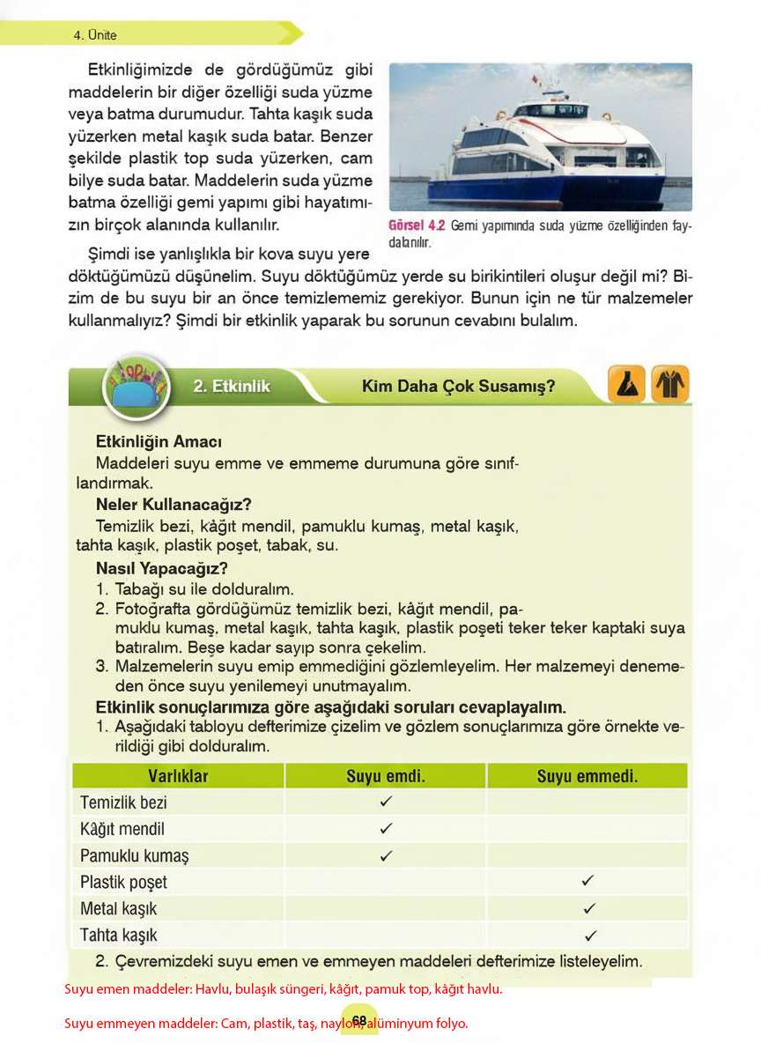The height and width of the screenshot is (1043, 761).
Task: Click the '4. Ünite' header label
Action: (x=95, y=35)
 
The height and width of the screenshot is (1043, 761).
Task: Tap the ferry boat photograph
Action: (x=540, y=137)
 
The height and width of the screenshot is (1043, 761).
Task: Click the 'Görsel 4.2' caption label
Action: (x=417, y=226)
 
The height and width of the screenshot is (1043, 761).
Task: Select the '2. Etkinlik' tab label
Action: (x=232, y=386)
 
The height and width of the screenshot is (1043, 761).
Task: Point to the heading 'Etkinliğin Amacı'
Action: (x=159, y=441)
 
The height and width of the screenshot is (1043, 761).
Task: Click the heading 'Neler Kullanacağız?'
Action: (x=174, y=505)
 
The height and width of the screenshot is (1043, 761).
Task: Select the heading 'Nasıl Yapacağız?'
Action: (x=161, y=568)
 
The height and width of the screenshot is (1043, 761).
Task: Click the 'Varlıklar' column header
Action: (x=177, y=776)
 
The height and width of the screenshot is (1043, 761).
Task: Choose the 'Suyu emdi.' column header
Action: (x=385, y=776)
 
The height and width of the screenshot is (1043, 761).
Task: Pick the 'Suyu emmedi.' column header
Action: (x=587, y=776)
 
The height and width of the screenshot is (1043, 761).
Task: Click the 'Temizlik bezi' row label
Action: (x=123, y=803)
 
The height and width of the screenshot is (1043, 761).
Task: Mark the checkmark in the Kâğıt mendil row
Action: (x=385, y=829)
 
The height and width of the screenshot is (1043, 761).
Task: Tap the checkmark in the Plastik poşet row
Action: (x=587, y=881)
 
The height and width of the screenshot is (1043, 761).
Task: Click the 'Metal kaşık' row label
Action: (x=118, y=908)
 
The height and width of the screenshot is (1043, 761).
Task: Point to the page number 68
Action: (x=359, y=1020)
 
